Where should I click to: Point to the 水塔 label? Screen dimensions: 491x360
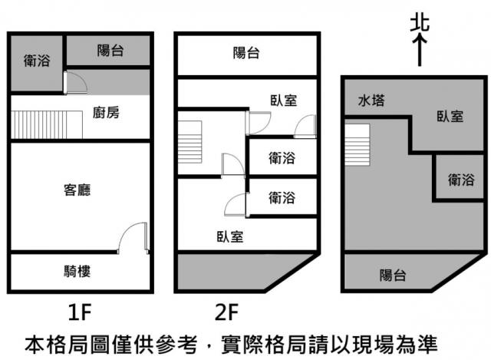pyautogui.click(x=371, y=100)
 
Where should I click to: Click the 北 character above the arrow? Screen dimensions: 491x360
pyautogui.click(x=419, y=25)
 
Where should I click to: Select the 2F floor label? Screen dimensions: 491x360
pyautogui.click(x=228, y=312)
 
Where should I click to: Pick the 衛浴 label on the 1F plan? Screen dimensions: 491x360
pyautogui.click(x=36, y=60)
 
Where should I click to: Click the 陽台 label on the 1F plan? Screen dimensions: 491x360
pyautogui.click(x=110, y=51)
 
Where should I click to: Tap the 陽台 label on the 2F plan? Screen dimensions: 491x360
pyautogui.click(x=245, y=53)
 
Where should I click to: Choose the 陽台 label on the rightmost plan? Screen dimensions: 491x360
pyautogui.click(x=393, y=275)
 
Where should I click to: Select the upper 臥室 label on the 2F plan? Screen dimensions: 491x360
pyautogui.click(x=283, y=100)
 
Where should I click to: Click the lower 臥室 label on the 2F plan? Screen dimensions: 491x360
pyautogui.click(x=229, y=236)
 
